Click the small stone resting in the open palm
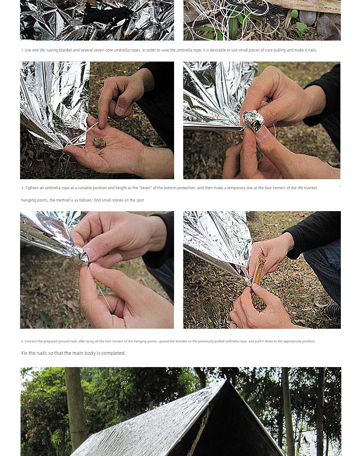(99, 143)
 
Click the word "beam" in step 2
(145, 188)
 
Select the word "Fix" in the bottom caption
(25, 353)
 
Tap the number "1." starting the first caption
(22, 50)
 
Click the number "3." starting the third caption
(22, 342)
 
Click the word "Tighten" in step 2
(32, 188)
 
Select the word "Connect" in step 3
(31, 342)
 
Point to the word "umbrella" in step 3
(232, 342)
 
